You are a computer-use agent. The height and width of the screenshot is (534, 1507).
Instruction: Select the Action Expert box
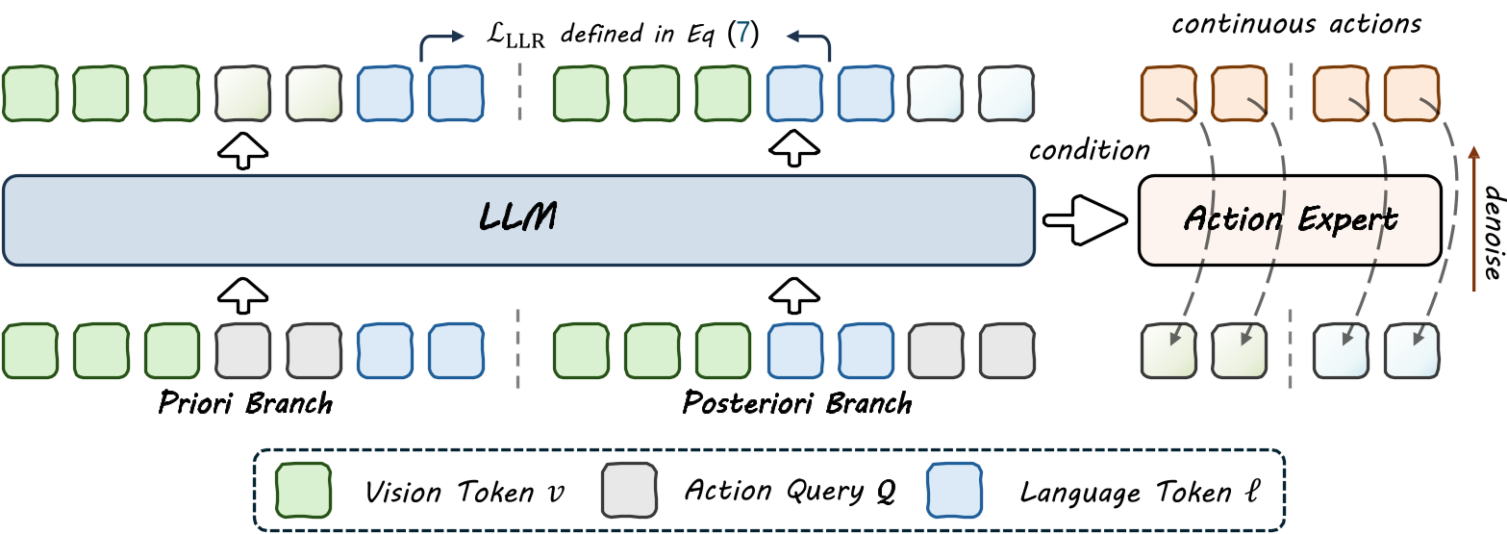pyautogui.click(x=1290, y=220)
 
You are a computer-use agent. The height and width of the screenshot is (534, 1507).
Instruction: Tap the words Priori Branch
pyautogui.click(x=245, y=402)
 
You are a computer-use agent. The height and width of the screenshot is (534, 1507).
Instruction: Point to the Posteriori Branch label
pyautogui.click(x=797, y=402)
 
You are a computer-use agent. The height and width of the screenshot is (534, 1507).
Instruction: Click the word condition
pyautogui.click(x=1089, y=151)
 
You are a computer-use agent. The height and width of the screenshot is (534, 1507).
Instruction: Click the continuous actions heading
pyautogui.click(x=1295, y=23)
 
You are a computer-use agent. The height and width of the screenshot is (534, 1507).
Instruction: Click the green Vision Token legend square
pyautogui.click(x=304, y=490)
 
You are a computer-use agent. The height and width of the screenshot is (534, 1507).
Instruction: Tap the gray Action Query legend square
pyautogui.click(x=629, y=490)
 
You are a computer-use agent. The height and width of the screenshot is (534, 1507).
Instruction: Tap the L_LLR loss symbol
pyautogui.click(x=514, y=38)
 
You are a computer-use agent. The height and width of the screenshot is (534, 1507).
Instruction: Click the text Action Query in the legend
pyautogui.click(x=790, y=492)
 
